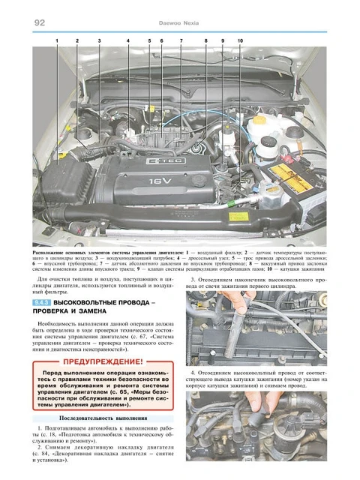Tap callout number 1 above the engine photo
(56, 39)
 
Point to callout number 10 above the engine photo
(239, 39)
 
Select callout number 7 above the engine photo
(181, 39)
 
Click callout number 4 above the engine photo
(127, 39)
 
